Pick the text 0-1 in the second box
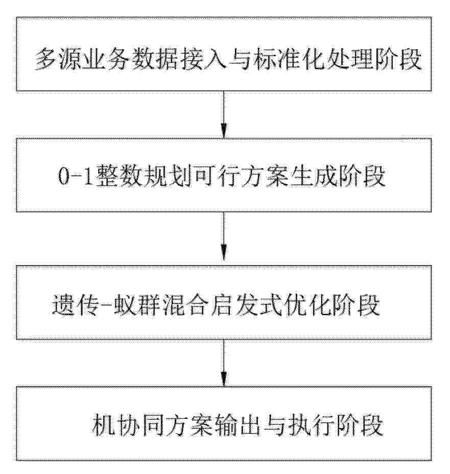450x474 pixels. coord(76,176)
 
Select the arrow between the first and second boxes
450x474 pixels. coord(224,114)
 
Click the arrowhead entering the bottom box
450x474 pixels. coord(224,380)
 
